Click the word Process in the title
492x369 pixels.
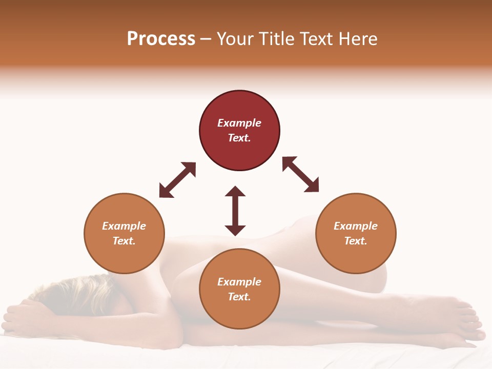pyautogui.click(x=161, y=39)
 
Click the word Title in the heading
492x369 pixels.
pyautogui.click(x=276, y=39)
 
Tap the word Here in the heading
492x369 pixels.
pyautogui.click(x=357, y=39)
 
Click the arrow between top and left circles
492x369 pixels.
pyautogui.click(x=177, y=180)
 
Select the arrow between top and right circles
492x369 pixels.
pyautogui.click(x=300, y=174)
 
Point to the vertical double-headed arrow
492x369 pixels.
pyautogui.click(x=235, y=211)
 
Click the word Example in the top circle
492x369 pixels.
pyautogui.click(x=239, y=123)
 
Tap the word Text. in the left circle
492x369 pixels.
pyautogui.click(x=124, y=241)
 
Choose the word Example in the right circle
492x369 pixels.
pyautogui.click(x=356, y=226)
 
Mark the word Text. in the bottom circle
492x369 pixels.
pyautogui.click(x=239, y=297)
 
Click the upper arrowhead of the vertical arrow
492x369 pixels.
pyautogui.click(x=235, y=192)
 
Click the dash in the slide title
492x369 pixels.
pyautogui.click(x=206, y=39)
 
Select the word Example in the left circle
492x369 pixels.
pyautogui.click(x=124, y=226)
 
